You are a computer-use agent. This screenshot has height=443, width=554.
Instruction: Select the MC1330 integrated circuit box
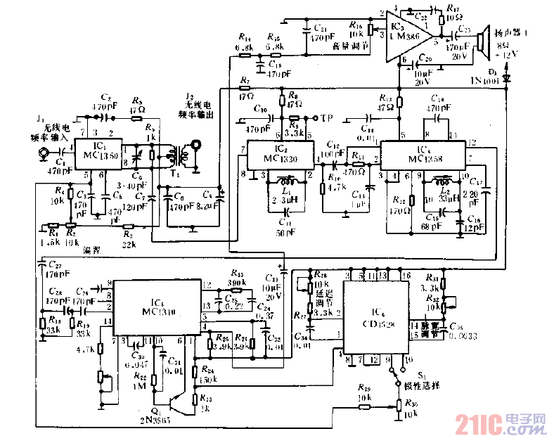(278, 156)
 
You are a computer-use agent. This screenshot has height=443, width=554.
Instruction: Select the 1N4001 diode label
(486, 82)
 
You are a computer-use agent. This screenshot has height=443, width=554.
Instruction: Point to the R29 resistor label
(364, 388)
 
